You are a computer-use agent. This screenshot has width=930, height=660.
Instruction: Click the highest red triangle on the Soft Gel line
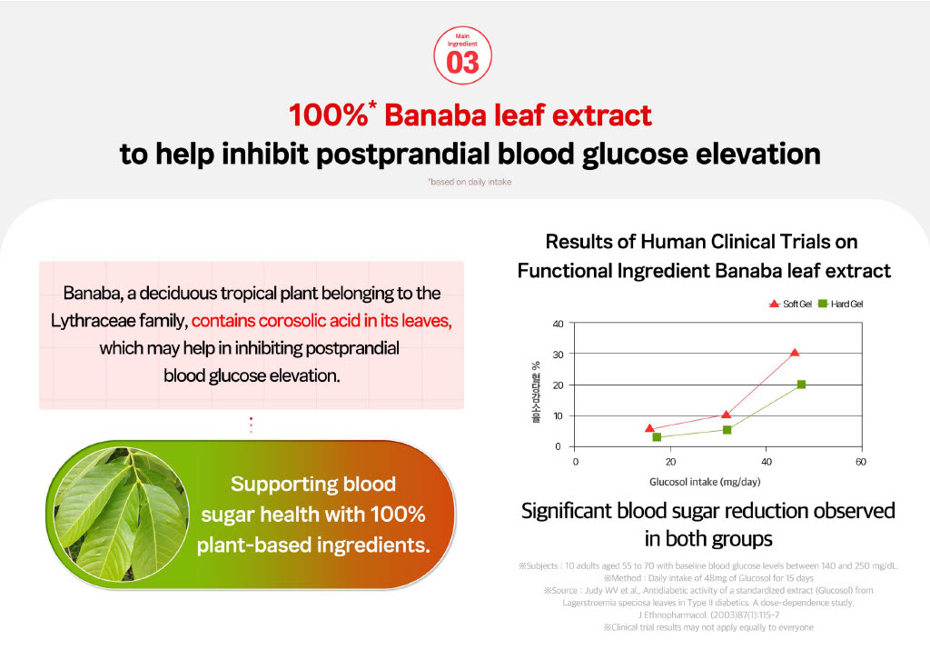795,353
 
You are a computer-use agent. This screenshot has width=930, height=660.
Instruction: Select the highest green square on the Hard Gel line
801,385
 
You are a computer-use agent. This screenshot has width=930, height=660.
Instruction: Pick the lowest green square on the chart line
657,437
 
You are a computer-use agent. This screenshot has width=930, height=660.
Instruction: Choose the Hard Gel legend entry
844,304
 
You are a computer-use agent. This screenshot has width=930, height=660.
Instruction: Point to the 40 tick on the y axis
558,324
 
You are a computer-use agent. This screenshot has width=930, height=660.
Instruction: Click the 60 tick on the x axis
860,461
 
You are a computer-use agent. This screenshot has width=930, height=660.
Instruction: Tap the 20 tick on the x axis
670,461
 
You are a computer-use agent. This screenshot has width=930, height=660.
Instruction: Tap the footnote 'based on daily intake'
470,182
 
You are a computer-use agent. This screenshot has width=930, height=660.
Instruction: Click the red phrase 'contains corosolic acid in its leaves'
322,321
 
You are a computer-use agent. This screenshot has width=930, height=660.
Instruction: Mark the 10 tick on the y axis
558,415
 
